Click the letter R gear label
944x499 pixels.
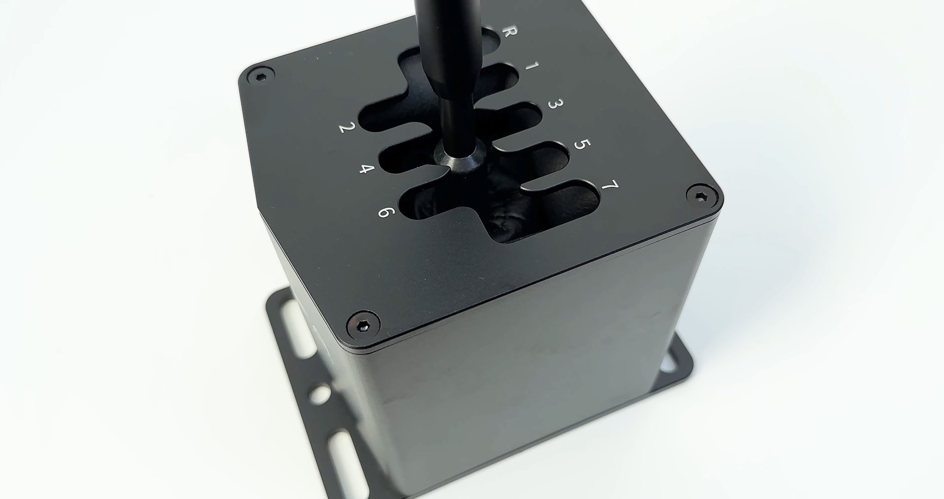tap(509, 32)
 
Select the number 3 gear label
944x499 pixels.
tap(555, 104)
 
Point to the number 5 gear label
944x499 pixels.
tap(581, 145)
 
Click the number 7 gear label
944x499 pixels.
tap(609, 186)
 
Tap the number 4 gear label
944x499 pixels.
tap(367, 168)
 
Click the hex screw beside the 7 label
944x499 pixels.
tap(701, 195)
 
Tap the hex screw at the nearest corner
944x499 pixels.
tap(363, 327)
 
